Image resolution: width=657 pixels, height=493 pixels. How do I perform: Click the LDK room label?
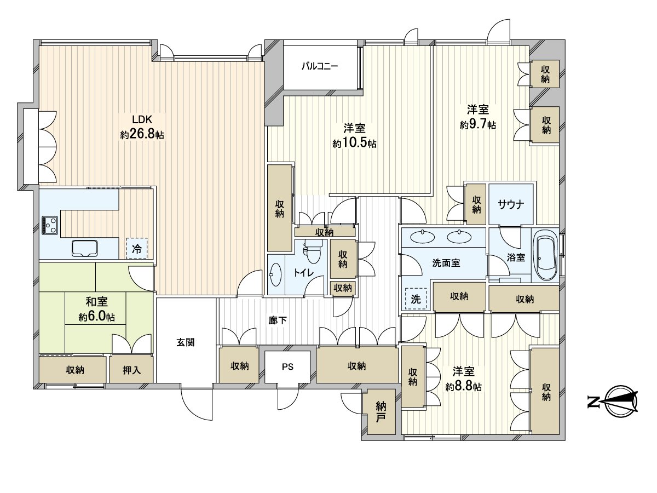coord(142,119)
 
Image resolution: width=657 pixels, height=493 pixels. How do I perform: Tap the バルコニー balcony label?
coord(320,66)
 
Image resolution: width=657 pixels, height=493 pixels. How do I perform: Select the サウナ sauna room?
coord(511,204)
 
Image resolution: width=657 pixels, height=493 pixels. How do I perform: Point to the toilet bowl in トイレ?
coord(313,251)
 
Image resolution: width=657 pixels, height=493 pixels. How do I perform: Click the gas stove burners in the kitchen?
coord(50,225)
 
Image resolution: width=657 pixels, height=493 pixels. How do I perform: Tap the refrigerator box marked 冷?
coord(137,249)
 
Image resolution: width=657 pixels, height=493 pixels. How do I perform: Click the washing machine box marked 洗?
coord(416,299)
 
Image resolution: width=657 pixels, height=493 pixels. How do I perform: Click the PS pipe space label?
coord(287,366)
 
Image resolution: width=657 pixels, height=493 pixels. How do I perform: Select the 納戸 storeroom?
coord(381,412)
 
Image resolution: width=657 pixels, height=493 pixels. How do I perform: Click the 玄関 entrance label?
coord(186,342)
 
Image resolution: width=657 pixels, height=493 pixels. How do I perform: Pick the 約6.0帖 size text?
coord(97,317)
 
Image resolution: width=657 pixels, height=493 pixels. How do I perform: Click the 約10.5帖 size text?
coord(354,144)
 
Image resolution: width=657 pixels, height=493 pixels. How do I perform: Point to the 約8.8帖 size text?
coord(463,387)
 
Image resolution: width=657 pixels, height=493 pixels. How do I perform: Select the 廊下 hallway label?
coord(278,320)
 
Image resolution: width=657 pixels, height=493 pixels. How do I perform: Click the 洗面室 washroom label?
coord(446,263)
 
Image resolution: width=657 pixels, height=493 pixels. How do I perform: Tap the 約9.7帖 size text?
coord(478,125)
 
